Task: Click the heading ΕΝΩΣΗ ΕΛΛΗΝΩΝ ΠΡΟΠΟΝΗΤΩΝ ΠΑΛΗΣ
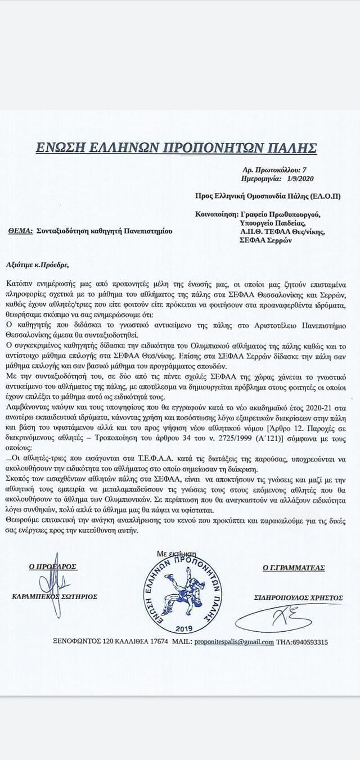(x=175, y=149)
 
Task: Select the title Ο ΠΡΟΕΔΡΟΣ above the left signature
(x=53, y=568)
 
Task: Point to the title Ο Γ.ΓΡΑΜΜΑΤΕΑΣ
(x=293, y=568)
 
